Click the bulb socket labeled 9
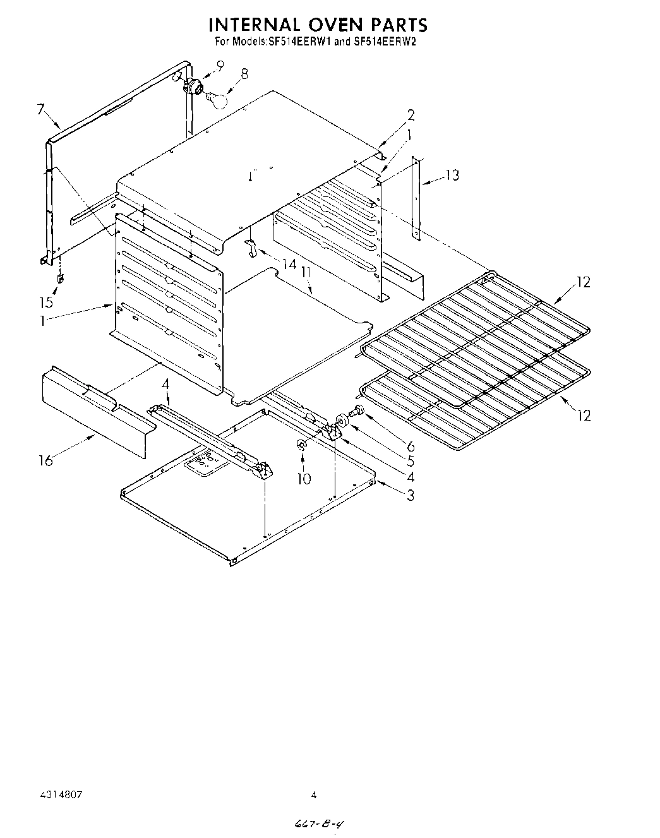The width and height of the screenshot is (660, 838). [x=191, y=85]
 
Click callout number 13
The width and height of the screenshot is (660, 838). [x=452, y=175]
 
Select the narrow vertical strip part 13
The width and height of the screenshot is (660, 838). [x=416, y=197]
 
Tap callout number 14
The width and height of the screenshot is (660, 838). [x=289, y=263]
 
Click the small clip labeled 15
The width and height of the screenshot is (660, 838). [x=60, y=277]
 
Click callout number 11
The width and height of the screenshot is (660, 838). [x=306, y=273]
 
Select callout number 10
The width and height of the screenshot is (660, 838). [x=304, y=479]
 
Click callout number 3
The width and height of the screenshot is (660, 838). [x=411, y=496]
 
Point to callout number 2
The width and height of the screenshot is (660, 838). [x=411, y=115]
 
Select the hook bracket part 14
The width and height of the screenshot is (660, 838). [x=251, y=248]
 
